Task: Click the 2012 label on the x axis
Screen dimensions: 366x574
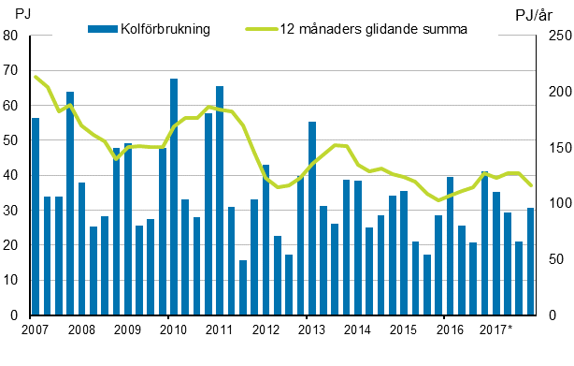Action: (x=265, y=329)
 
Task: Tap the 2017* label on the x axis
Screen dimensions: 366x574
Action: (x=495, y=329)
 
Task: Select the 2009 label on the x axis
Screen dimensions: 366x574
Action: (x=128, y=329)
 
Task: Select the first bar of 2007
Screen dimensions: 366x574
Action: (x=36, y=216)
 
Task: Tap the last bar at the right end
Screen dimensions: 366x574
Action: (x=530, y=261)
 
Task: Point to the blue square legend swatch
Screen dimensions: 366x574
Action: (x=94, y=28)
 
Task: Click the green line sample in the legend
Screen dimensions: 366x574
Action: (x=261, y=28)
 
